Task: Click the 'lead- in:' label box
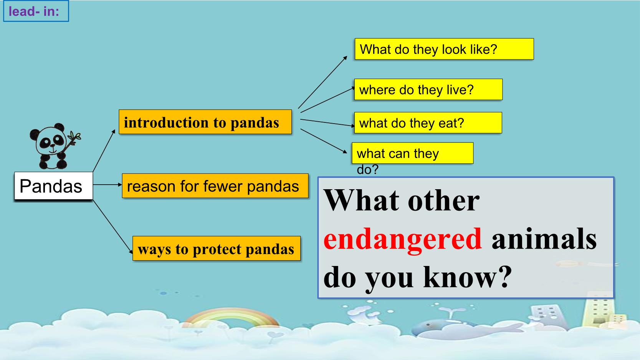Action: pyautogui.click(x=36, y=11)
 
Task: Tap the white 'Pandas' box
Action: pyautogui.click(x=53, y=186)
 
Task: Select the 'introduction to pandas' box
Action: pyautogui.click(x=205, y=122)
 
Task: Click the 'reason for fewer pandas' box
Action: pyautogui.click(x=215, y=186)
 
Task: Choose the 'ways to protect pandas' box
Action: pyautogui.click(x=217, y=248)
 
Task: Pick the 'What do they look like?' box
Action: pyautogui.click(x=444, y=49)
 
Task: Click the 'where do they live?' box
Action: pyautogui.click(x=428, y=89)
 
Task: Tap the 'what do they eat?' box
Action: pyautogui.click(x=428, y=123)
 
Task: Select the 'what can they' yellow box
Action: pyautogui.click(x=413, y=153)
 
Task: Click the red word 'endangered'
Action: pyautogui.click(x=403, y=239)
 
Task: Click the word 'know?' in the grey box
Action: pyautogui.click(x=468, y=277)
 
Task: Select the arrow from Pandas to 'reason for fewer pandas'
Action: pyautogui.click(x=107, y=185)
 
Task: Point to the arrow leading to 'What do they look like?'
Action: pyautogui.click(x=322, y=82)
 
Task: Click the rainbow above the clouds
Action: pyautogui.click(x=232, y=317)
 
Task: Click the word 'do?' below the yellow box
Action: pyautogui.click(x=367, y=170)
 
